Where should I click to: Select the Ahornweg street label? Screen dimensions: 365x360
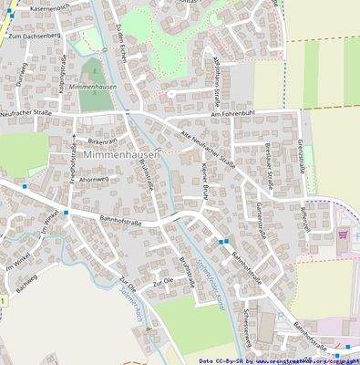tap(94, 180)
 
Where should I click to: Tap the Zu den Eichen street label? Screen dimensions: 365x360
tap(117, 39)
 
